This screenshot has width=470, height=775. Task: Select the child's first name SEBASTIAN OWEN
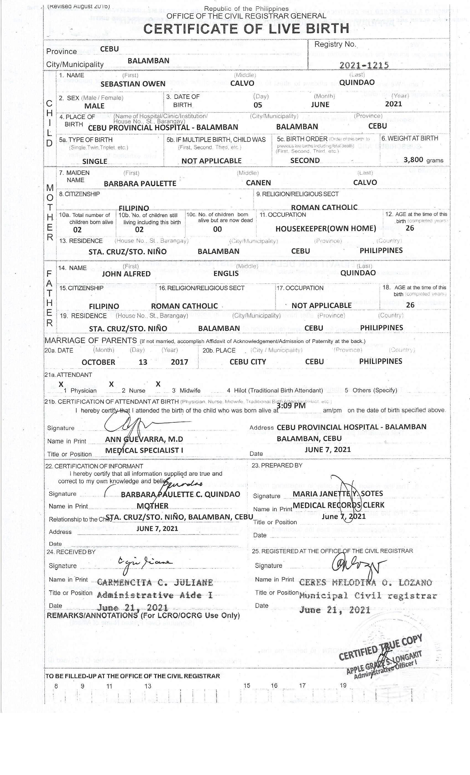[x=133, y=84]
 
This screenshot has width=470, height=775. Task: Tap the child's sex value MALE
[x=94, y=106]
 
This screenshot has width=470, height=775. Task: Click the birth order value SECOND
[x=305, y=161]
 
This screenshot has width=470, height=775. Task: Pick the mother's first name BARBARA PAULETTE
[x=140, y=183]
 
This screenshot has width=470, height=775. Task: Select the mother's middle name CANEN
[x=258, y=183]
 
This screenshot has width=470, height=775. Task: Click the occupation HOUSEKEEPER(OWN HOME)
[x=325, y=229]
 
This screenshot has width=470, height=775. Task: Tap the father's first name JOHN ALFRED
[x=126, y=274]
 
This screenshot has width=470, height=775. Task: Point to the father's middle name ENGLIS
[x=226, y=274]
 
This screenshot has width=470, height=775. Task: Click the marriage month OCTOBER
[x=98, y=362]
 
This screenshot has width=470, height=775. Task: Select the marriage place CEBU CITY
[x=247, y=362]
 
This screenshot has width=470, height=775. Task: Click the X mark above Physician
[x=61, y=384]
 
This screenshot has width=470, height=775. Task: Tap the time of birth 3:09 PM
[x=291, y=405]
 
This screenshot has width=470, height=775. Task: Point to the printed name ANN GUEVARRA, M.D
[x=144, y=439]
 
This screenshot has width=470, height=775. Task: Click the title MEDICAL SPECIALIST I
[x=144, y=450]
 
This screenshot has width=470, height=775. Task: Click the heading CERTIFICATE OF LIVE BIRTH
[x=246, y=29]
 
